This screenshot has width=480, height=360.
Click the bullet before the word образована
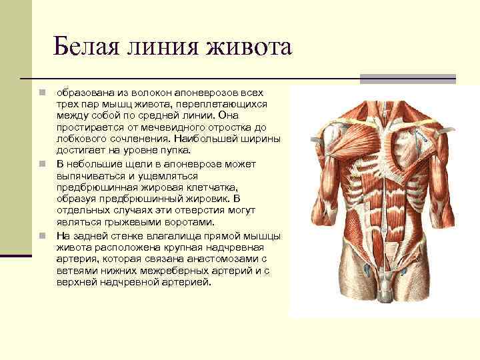click(41, 91)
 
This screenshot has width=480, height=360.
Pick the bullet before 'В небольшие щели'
click(41, 163)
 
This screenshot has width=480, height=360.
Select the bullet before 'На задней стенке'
click(41, 235)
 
